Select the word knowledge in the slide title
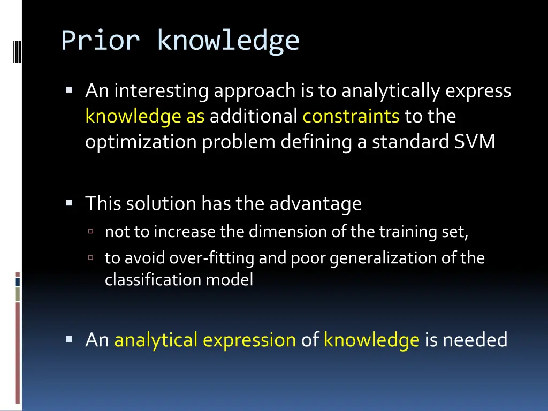[x=228, y=41]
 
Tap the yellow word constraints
[x=351, y=116]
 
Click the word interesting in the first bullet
[x=162, y=91]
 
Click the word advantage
[x=315, y=203]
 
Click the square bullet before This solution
[x=70, y=203]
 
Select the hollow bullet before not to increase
[x=91, y=232]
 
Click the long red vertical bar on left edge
[x=18, y=353]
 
